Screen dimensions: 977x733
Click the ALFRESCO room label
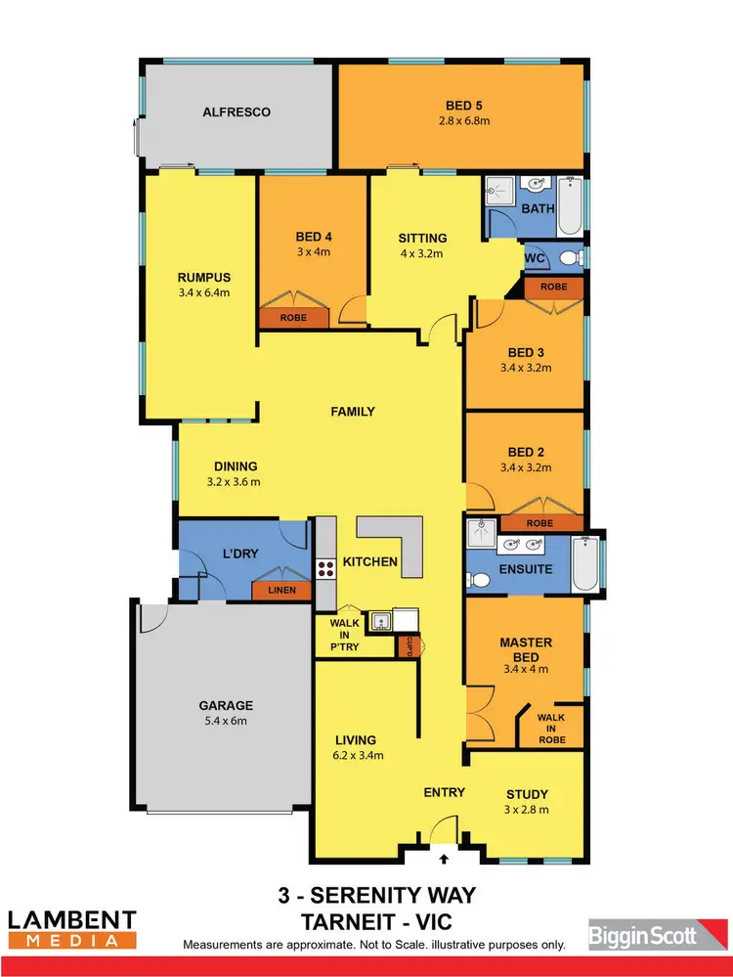click(x=237, y=112)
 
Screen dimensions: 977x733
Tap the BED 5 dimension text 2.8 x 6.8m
click(x=462, y=121)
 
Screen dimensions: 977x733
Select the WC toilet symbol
click(x=571, y=257)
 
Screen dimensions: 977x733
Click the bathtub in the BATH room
click(x=570, y=206)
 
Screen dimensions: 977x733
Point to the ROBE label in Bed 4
click(x=292, y=318)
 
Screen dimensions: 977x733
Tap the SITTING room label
click(x=422, y=238)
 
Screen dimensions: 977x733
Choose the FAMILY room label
click(x=353, y=412)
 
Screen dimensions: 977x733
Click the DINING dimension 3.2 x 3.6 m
click(x=233, y=482)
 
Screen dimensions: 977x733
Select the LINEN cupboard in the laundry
click(x=281, y=591)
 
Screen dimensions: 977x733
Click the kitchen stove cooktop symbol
click(x=324, y=568)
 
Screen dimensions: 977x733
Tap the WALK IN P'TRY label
click(x=345, y=635)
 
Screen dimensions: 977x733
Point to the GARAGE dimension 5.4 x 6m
click(x=227, y=721)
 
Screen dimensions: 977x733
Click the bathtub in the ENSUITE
click(x=584, y=565)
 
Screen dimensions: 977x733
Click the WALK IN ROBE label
click(x=552, y=729)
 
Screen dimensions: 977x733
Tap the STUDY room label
click(x=527, y=794)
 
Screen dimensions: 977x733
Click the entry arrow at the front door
click(x=445, y=860)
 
